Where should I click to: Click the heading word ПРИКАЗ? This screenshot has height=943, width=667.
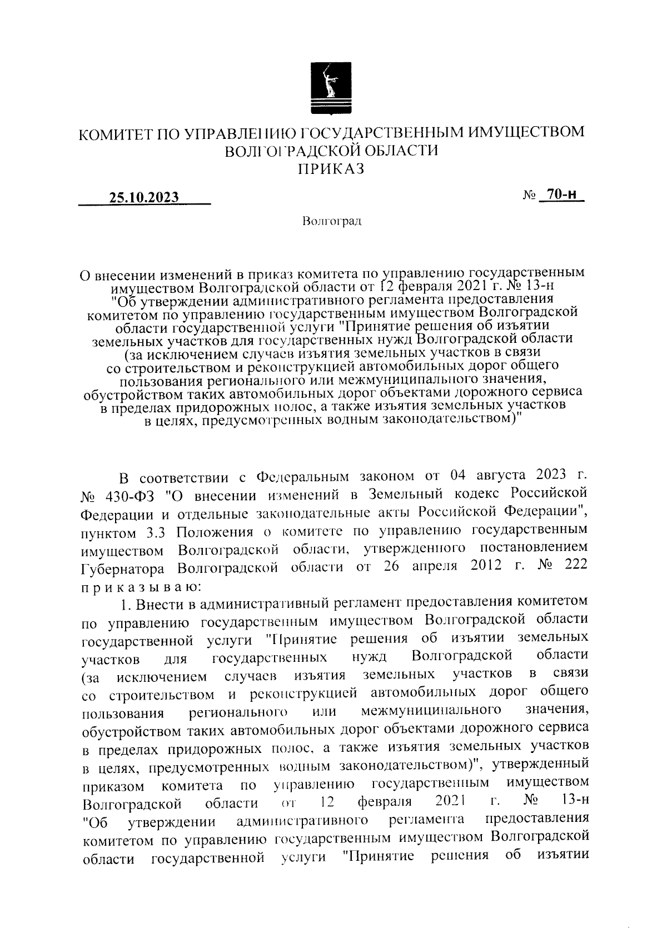pyautogui.click(x=332, y=168)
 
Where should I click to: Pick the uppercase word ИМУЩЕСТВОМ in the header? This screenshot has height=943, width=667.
pyautogui.click(x=526, y=133)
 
